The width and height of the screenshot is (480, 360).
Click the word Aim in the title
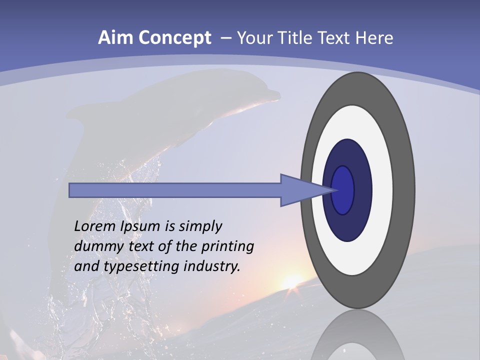pyautogui.click(x=116, y=38)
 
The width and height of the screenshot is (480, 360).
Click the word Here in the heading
pyautogui.click(x=375, y=38)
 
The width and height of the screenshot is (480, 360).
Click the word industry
pyautogui.click(x=212, y=266)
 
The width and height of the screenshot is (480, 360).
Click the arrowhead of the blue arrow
pyautogui.click(x=300, y=190)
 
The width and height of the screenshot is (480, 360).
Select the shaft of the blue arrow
pyautogui.click(x=175, y=190)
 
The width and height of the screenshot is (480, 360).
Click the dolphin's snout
pyautogui.click(x=272, y=95)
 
